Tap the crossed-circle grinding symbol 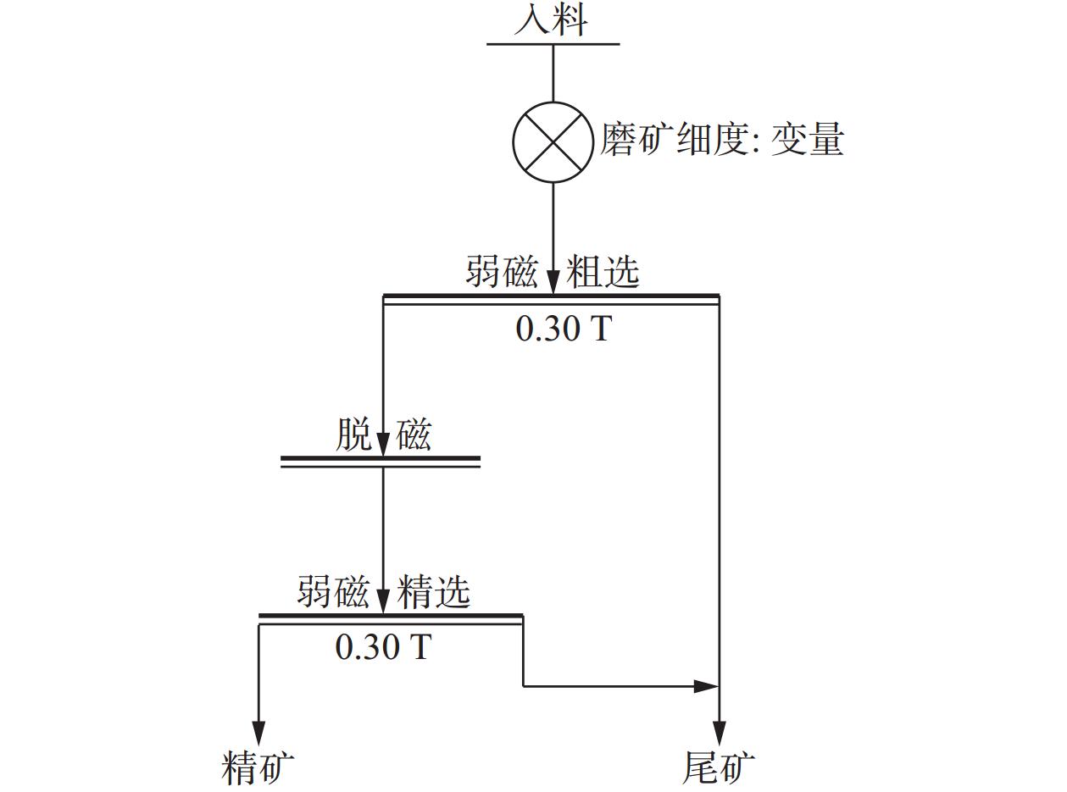coord(553,141)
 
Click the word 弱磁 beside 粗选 coord(501,272)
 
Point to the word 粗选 coord(603,272)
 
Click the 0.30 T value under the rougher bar coord(563,328)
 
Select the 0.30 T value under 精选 coord(383,647)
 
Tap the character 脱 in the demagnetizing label coord(354,435)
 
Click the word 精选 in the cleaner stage coord(434,591)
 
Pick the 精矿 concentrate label coord(258,767)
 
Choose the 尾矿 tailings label coord(719,767)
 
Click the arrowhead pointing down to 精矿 coord(258,733)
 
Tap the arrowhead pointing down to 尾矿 coord(719,733)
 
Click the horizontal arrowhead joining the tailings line coord(705,686)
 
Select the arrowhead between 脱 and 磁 coord(383,442)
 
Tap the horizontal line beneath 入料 coord(553,43)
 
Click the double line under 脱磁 coord(381,462)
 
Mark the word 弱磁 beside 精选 coord(333,591)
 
